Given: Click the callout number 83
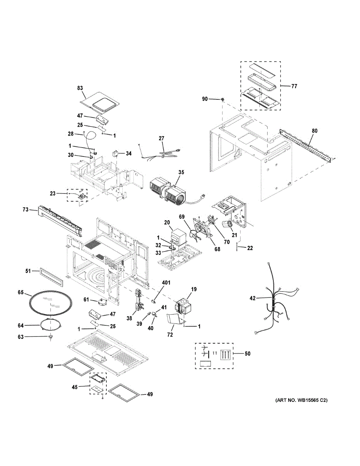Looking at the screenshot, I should point(80,88).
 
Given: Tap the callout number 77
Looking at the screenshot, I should point(294,86).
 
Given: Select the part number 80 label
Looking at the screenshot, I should point(314,131).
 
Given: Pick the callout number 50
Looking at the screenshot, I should point(247,354).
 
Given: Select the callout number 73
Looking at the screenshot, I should point(26,210).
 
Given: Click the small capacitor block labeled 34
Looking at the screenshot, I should point(116,153).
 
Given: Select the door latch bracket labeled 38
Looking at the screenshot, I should point(138,301).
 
